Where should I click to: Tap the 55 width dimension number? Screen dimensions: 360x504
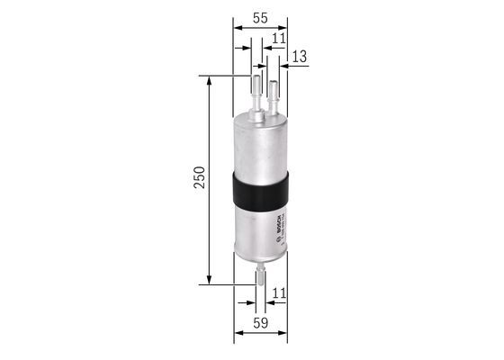[x=259, y=17]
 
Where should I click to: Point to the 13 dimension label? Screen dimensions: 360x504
[x=299, y=56]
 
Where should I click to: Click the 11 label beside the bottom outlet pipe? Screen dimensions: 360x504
[x=279, y=292]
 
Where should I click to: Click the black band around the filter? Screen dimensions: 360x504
[x=260, y=189]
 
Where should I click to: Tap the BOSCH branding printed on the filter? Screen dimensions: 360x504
[x=279, y=225]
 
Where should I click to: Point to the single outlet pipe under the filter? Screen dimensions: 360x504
[x=260, y=272]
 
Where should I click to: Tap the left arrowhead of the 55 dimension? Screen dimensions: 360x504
[x=238, y=29]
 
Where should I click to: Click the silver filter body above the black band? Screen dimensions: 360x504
[x=260, y=144]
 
